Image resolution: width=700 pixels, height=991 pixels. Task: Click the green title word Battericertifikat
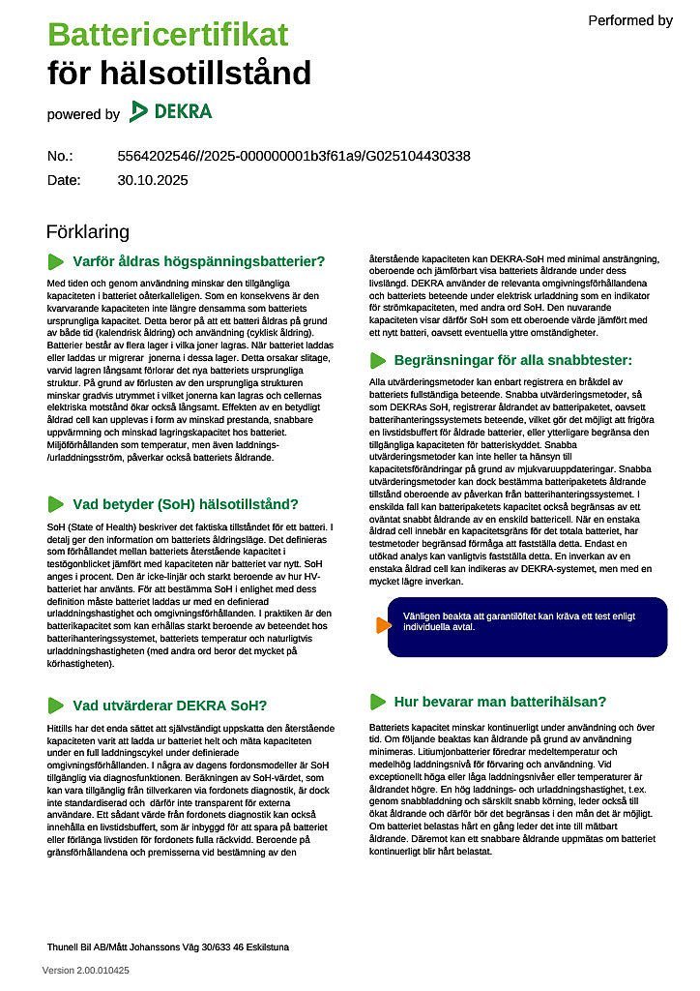pos(167,36)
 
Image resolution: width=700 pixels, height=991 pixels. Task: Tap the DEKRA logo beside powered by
pos(171,111)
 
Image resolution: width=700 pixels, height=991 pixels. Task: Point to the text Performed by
pos(629,20)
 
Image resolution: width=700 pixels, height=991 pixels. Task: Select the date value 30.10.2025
pos(153,180)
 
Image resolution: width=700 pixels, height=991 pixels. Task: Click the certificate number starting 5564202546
pos(294,156)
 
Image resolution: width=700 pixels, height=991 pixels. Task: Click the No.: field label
pos(60,156)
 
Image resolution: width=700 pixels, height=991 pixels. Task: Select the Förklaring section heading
pos(87,232)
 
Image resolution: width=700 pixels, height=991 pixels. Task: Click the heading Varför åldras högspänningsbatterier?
pos(198,261)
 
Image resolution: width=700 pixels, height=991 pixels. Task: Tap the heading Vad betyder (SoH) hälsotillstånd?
pos(186,504)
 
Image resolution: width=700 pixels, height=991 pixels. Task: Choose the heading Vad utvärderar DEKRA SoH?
pos(169,705)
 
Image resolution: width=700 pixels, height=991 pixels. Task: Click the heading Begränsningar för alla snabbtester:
pos(512,360)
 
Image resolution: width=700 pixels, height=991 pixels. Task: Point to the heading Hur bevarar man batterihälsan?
pos(500,702)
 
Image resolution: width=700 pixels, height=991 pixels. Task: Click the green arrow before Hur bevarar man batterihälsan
pos(377,702)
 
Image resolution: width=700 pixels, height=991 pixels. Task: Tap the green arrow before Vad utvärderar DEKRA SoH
pos(56,705)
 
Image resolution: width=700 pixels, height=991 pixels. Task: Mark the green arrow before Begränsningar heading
pos(377,360)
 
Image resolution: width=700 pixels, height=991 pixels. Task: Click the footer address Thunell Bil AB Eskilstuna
pos(167,946)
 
